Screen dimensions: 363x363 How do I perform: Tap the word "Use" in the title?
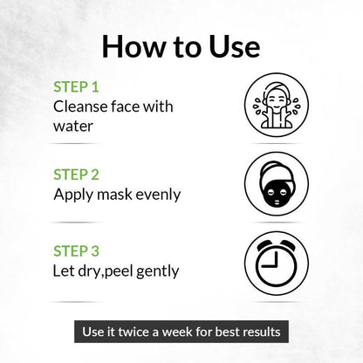235,46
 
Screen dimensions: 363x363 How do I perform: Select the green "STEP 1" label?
76,87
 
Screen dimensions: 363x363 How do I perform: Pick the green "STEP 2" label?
76,175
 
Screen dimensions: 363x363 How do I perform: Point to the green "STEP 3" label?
76,250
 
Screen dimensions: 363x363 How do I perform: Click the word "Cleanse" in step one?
80,106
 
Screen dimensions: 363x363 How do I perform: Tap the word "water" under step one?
73,127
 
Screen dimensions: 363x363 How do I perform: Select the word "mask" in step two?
114,195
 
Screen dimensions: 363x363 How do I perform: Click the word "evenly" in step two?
158,195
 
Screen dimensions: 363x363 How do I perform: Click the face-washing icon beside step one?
277,105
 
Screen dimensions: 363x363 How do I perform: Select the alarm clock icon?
277,264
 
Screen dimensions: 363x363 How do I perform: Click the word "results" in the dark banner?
262,332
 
